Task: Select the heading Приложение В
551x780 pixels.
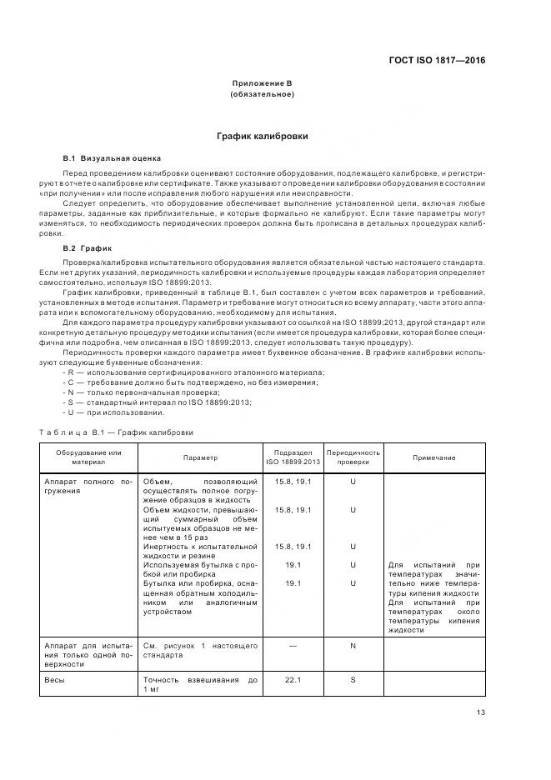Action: coord(261,84)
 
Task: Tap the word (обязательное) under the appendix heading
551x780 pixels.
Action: coord(261,94)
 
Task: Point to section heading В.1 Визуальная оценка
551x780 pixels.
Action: coord(113,157)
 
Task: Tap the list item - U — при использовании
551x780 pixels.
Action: coord(113,412)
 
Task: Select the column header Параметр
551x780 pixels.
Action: coord(200,457)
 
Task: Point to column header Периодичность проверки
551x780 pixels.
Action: coord(353,457)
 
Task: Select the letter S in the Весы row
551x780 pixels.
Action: coord(353,681)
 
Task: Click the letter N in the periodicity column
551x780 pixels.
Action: coord(353,645)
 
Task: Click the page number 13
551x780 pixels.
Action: coord(480,712)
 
